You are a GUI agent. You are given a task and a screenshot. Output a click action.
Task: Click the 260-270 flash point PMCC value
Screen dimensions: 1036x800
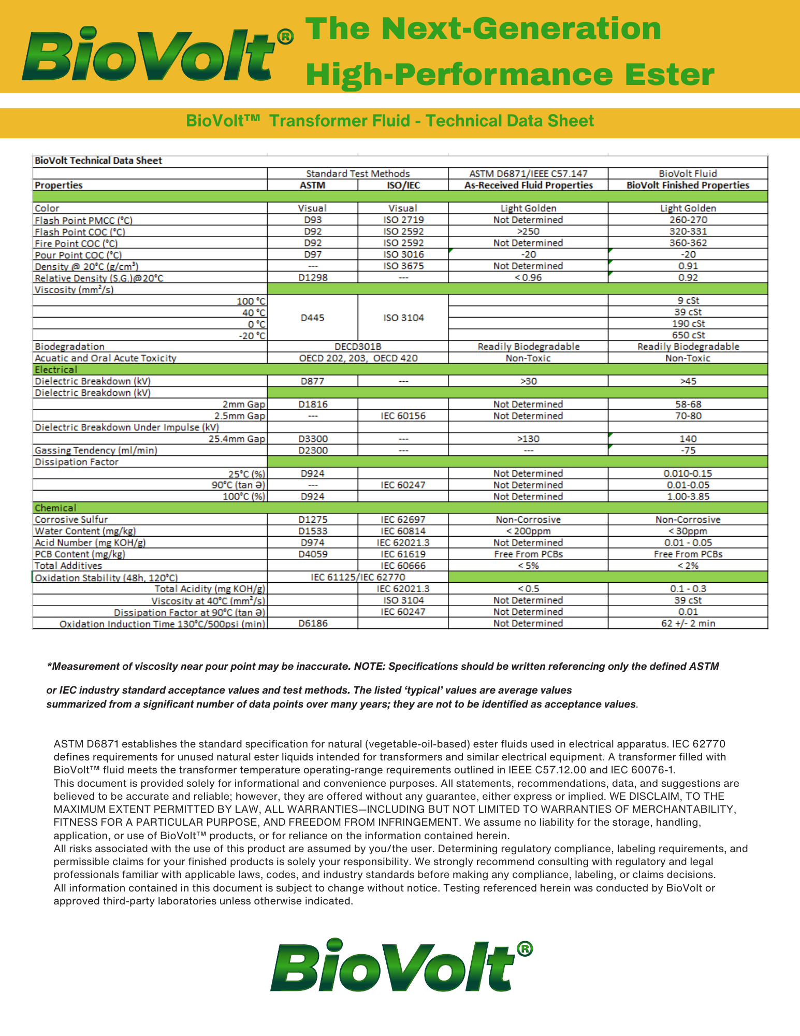click(x=688, y=220)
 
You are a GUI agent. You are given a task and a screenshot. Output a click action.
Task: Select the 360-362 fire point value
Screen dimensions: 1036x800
click(x=688, y=243)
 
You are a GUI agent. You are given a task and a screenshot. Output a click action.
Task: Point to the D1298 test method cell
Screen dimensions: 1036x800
click(x=312, y=278)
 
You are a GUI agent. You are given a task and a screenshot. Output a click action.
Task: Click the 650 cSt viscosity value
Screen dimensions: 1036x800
click(x=688, y=335)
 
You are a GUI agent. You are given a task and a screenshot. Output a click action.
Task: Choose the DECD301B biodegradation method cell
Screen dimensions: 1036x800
click(x=357, y=347)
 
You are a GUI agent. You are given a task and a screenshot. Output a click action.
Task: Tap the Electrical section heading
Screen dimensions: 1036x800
click(x=56, y=370)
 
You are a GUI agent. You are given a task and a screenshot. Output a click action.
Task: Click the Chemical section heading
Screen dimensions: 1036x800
click(x=55, y=508)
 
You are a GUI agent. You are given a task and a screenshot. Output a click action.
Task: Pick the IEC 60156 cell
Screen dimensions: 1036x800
click(x=403, y=416)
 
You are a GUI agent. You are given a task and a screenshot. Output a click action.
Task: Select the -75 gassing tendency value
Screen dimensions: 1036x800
click(x=688, y=451)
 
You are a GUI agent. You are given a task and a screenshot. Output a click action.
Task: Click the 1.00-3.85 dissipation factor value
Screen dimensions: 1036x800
click(x=688, y=497)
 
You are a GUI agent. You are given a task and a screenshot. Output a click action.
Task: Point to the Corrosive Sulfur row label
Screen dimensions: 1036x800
click(x=71, y=520)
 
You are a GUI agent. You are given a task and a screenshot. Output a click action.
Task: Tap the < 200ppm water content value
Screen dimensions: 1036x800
click(x=528, y=531)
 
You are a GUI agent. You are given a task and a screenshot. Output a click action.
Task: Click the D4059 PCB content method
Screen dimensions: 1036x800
click(x=312, y=554)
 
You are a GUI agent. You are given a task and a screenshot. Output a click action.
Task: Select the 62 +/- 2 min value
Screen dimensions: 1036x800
click(x=688, y=624)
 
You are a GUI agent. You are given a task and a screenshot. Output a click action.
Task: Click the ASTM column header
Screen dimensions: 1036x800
click(x=312, y=185)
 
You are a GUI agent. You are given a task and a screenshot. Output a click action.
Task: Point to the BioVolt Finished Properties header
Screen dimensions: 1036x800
click(x=688, y=185)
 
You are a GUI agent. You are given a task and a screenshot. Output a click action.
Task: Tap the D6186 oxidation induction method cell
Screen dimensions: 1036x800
click(x=312, y=624)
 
